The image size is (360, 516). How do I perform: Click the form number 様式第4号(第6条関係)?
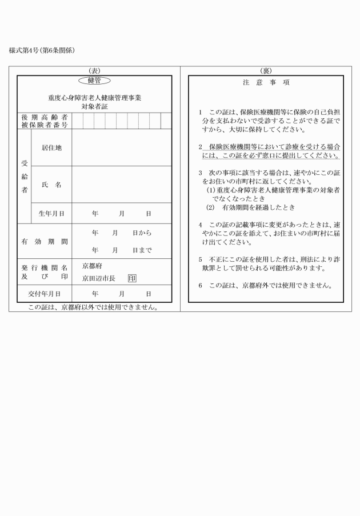point(42,50)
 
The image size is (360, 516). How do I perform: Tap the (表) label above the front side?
point(94,70)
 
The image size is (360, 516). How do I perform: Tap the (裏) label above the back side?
point(266,70)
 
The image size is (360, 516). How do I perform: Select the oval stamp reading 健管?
point(94,81)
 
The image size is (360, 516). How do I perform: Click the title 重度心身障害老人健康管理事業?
point(94,98)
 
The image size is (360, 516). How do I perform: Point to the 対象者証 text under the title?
point(94,106)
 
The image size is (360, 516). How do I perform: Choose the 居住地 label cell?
point(51,147)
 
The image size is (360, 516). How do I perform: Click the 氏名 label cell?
point(51,185)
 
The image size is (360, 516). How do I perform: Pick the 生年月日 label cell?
point(51,213)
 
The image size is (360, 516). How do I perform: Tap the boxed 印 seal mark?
point(132,278)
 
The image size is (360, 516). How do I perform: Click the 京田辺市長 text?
point(99,278)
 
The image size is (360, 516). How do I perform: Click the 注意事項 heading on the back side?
point(266,83)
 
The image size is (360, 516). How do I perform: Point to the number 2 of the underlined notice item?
point(201,146)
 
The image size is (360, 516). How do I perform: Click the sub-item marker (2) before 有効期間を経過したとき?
point(210,207)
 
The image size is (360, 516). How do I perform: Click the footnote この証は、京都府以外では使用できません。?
point(93,307)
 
